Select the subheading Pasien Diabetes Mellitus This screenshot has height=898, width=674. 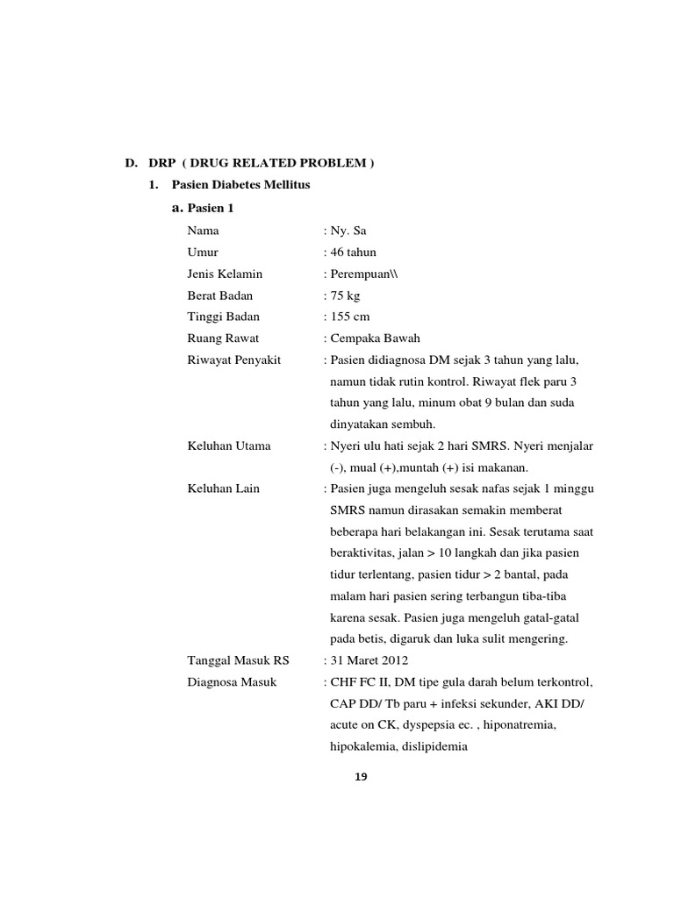pyautogui.click(x=240, y=185)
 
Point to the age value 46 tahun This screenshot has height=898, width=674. pyautogui.click(x=353, y=253)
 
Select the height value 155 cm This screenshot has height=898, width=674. pyautogui.click(x=349, y=317)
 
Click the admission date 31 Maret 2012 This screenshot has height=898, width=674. pyautogui.click(x=369, y=660)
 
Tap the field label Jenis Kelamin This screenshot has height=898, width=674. pyautogui.click(x=225, y=274)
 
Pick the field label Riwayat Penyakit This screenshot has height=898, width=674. pyautogui.click(x=234, y=360)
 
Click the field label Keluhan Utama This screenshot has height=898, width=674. pyautogui.click(x=229, y=445)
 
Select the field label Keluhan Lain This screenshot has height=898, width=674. pyautogui.click(x=224, y=488)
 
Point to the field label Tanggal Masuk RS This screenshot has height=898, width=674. pyautogui.click(x=238, y=660)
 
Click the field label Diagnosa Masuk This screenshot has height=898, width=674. pyautogui.click(x=232, y=681)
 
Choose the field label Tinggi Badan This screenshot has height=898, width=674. pyautogui.click(x=224, y=317)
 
